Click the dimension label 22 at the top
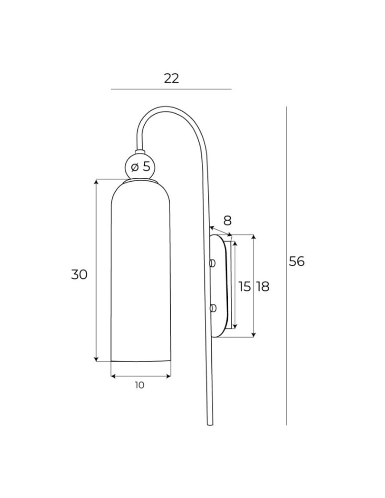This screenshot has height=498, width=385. tap(171, 78)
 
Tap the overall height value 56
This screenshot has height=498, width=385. tap(297, 261)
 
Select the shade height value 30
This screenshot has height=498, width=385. tap(79, 274)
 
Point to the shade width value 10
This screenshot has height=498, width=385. tap(140, 385)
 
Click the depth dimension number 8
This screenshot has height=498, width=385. tap(227, 220)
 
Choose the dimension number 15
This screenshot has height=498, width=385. tap(244, 286)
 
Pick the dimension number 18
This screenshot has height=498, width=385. tap(263, 286)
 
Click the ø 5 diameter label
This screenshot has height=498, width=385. tap(140, 167)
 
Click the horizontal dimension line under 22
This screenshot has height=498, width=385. tap(171, 89)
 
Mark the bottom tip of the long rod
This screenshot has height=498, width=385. tap(209, 423)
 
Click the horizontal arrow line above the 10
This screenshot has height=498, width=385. tap(141, 376)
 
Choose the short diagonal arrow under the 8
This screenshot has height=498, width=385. tap(221, 232)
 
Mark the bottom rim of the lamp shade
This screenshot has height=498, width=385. tap(141, 361)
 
